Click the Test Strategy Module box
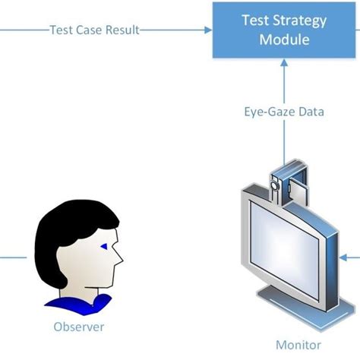[x=285, y=30]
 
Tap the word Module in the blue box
[x=285, y=39]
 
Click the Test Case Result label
[x=94, y=30]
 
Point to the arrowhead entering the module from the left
[x=207, y=30]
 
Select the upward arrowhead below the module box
[x=285, y=66]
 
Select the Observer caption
[x=78, y=327]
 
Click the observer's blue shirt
[x=76, y=306]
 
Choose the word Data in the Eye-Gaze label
[x=311, y=112]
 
